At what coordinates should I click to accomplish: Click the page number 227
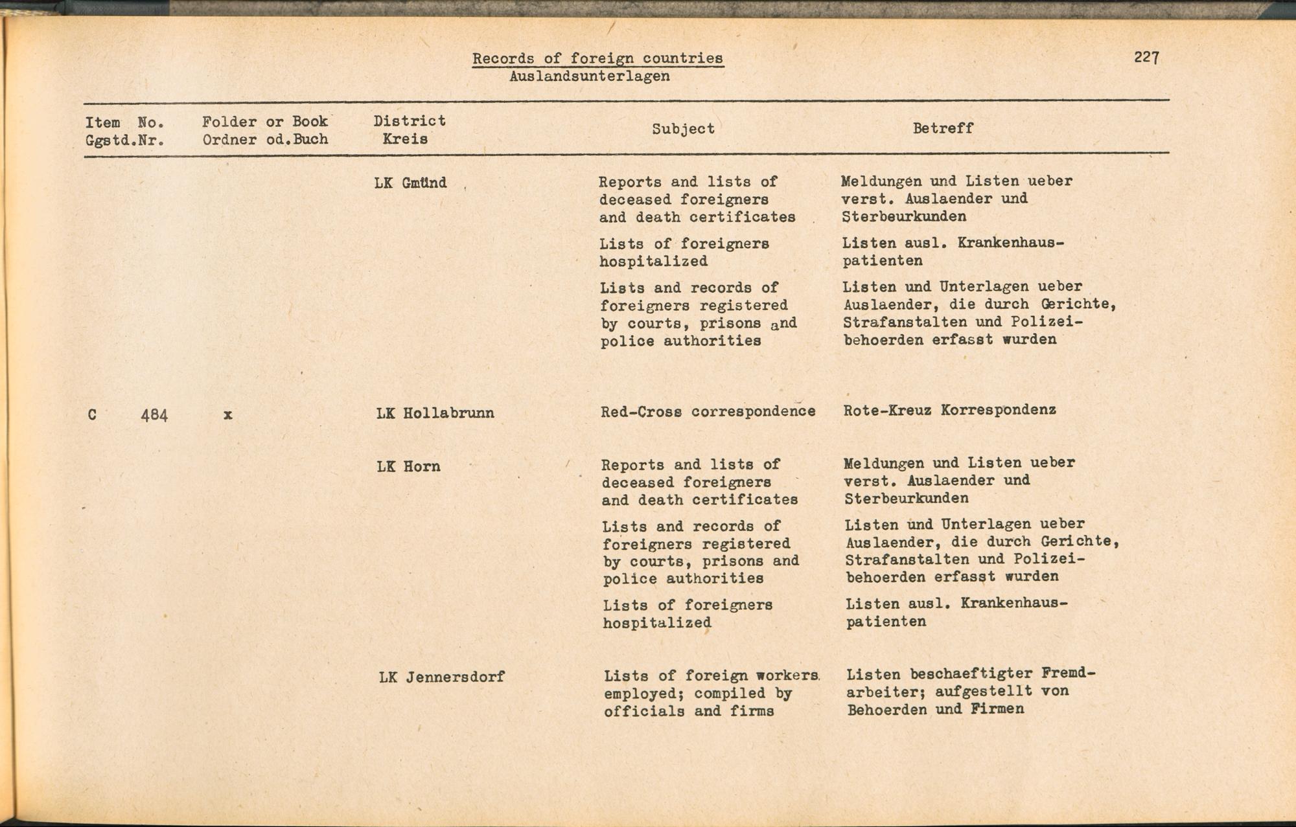click(1146, 57)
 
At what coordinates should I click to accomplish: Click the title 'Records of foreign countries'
click(597, 58)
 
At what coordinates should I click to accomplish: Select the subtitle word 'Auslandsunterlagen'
click(589, 76)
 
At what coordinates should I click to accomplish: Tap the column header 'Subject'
click(683, 128)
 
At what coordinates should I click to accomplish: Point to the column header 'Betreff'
click(943, 128)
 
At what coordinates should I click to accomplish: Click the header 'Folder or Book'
click(264, 122)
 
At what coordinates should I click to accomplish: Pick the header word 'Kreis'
click(405, 139)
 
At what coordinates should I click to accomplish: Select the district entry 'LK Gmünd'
click(411, 183)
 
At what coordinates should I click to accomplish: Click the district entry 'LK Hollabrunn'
click(435, 413)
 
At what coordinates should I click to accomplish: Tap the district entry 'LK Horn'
click(408, 466)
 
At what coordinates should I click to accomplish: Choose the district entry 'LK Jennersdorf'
click(441, 677)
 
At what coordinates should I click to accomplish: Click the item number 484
click(154, 415)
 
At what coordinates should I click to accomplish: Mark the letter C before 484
click(92, 415)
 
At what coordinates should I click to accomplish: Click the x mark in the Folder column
click(227, 415)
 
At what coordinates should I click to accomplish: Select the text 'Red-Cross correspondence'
click(708, 411)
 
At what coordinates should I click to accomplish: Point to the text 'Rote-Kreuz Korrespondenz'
click(949, 410)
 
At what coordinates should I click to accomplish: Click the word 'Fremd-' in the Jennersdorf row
click(1068, 673)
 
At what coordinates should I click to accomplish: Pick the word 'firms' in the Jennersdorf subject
click(752, 711)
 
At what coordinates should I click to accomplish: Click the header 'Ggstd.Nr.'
click(124, 140)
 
